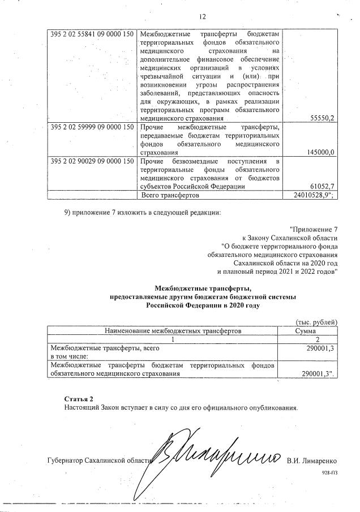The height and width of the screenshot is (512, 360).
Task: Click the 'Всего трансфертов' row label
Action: [169, 195]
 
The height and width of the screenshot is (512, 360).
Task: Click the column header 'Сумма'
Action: [309, 330]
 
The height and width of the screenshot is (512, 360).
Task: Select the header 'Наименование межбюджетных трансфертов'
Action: [164, 330]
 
